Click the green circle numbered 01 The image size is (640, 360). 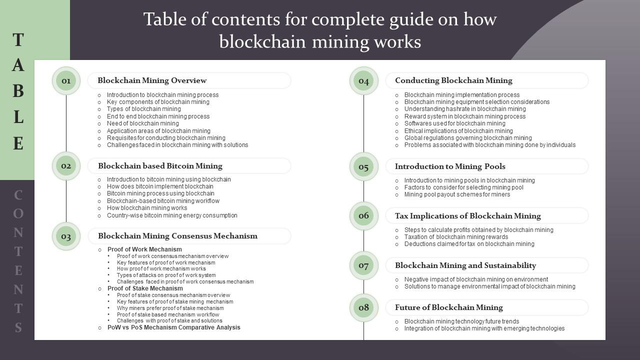66,80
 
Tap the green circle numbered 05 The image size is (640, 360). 363,166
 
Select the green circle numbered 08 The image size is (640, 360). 363,307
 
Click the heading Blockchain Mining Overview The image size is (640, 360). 152,80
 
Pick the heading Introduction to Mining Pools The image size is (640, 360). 450,166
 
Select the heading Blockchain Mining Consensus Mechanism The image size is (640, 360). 177,236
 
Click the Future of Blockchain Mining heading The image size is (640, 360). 448,307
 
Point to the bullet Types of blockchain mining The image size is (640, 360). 143,109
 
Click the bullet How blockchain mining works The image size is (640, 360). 146,208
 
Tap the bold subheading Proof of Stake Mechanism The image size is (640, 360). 145,288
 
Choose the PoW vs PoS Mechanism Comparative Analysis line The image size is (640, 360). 173,327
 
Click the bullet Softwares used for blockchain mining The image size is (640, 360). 454,123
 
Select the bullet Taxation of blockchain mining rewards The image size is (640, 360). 456,237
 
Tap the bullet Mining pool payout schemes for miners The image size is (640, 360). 457,194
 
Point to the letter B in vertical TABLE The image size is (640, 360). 18,91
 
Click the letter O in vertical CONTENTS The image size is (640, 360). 18,213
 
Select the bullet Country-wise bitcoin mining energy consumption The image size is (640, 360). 172,215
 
